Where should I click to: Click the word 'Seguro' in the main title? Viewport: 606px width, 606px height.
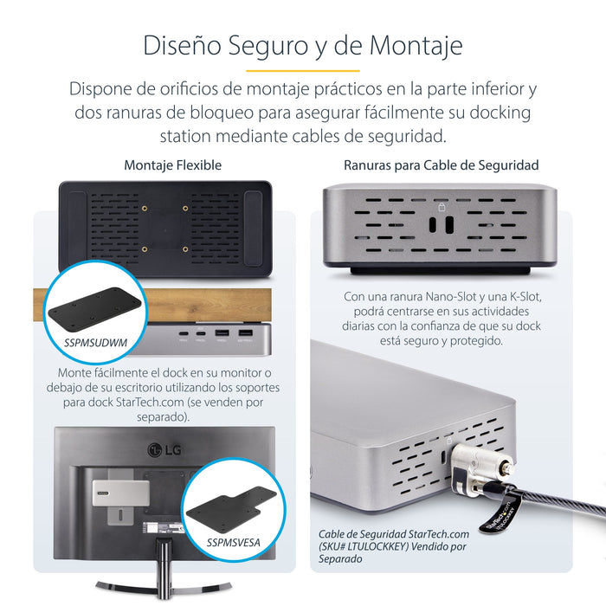point(269,44)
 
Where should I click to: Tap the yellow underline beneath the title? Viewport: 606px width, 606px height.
point(302,70)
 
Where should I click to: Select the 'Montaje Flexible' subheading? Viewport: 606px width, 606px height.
point(172,164)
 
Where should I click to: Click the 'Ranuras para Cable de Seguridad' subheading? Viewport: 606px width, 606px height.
point(441,164)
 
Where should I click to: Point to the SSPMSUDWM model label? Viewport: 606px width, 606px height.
point(95,343)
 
